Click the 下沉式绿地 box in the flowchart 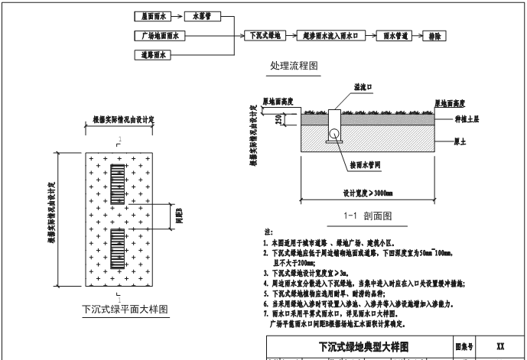point(266,36)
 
